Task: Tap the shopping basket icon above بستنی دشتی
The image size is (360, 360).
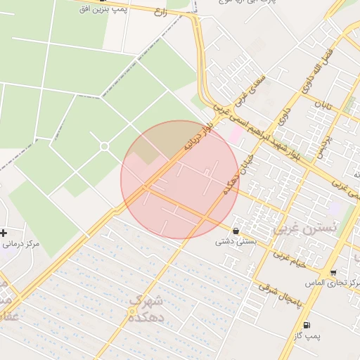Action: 235,230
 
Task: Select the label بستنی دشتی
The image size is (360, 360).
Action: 235,241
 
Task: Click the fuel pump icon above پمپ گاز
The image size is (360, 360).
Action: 307,325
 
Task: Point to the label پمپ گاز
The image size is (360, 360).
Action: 307,336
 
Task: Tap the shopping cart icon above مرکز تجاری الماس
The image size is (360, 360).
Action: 333,272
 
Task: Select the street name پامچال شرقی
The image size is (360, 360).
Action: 279,292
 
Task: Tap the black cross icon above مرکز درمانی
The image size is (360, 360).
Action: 4,233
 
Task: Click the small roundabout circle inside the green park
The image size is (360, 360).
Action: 104,146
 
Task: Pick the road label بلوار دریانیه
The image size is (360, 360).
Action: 198,141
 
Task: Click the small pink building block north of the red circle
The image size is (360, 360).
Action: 235,134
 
